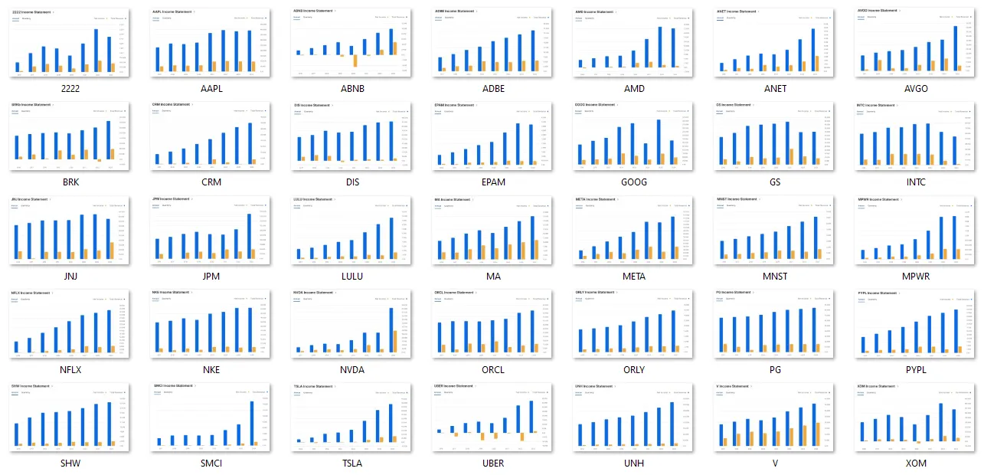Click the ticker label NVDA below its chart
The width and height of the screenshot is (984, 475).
click(352, 370)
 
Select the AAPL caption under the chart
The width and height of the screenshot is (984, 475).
click(211, 89)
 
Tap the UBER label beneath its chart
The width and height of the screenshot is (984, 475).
click(493, 464)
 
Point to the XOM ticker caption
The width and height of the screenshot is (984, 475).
click(915, 464)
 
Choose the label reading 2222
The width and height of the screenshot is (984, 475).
click(70, 89)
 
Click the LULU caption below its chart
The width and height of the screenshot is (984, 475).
click(352, 277)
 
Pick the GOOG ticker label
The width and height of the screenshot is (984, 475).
click(634, 182)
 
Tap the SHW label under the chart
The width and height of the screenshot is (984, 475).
click(70, 464)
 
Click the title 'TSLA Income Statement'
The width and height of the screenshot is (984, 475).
click(315, 386)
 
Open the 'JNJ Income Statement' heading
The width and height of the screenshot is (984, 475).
click(31, 199)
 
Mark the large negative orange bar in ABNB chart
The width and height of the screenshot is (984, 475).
click(355, 61)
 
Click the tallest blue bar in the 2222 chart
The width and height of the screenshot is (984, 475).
click(96, 51)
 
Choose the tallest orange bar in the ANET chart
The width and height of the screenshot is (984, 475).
click(817, 64)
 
